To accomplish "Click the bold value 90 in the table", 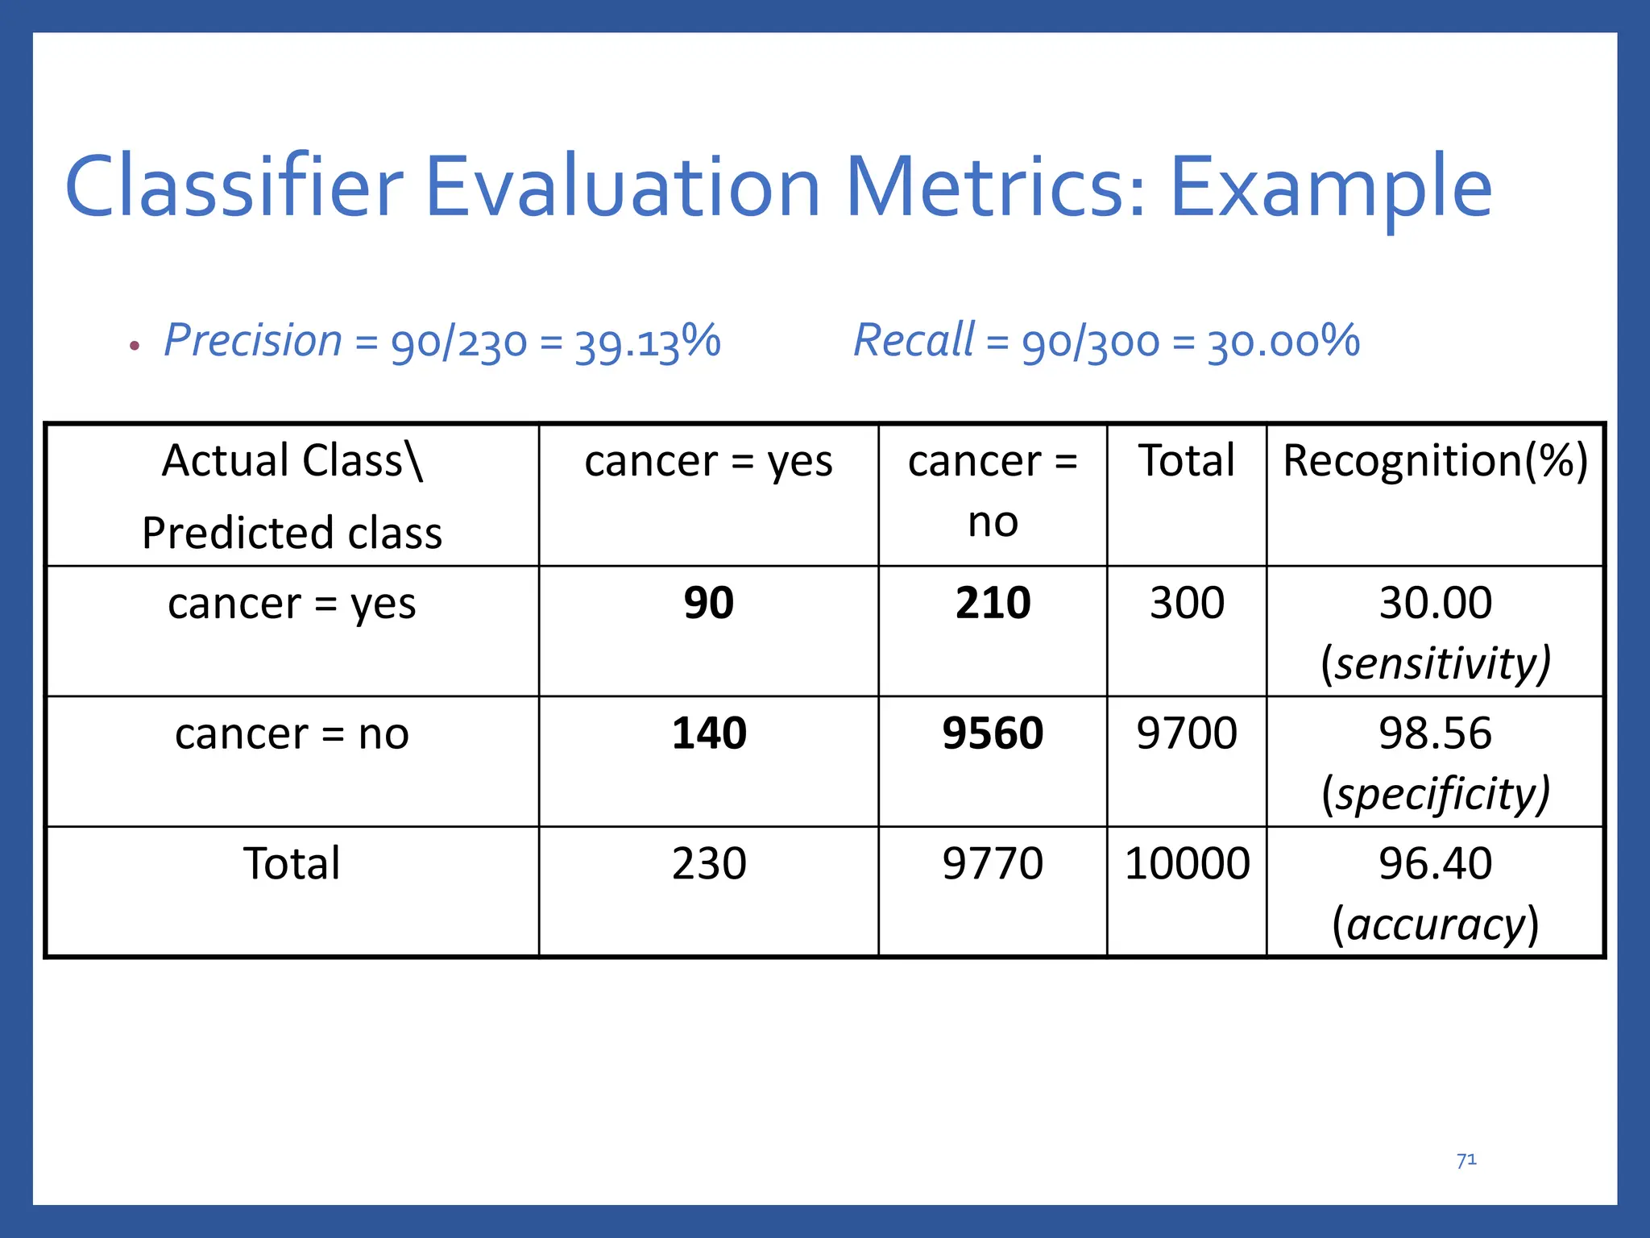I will coord(709,603).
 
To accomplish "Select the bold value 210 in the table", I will coord(993,603).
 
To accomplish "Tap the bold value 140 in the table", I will coord(709,733).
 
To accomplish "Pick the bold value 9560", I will coord(993,733).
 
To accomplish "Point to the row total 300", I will coord(1187,603).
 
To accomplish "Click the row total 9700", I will coord(1187,733).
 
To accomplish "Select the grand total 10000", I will coord(1187,864).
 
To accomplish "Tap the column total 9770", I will coord(993,864).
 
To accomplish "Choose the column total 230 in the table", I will coord(709,864).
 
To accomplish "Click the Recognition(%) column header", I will coord(1435,461).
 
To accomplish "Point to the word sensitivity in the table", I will coord(1436,664).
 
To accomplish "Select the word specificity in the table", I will coord(1436,795).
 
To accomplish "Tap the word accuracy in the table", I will coord(1436,924).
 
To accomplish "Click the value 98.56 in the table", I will coord(1435,733).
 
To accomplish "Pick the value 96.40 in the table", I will coord(1435,864).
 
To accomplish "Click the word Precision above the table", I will coord(253,340).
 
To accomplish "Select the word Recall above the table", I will coord(914,340).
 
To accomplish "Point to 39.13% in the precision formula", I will coord(648,342).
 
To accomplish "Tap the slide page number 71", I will coord(1466,1160).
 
